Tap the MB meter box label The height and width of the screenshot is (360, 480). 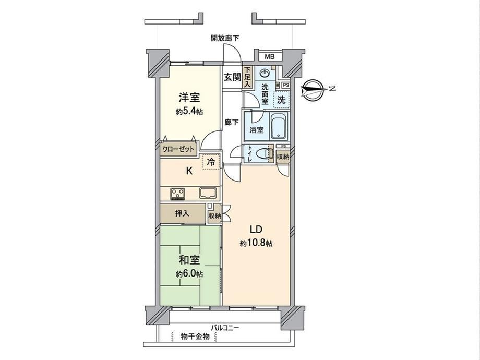pos(270,57)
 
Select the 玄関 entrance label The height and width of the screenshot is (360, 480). pos(232,77)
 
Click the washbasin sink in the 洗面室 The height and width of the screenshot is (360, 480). pos(265,74)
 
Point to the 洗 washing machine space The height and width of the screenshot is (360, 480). pos(281,100)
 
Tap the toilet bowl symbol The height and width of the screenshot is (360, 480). pos(264,153)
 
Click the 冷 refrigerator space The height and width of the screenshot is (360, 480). pos(211,161)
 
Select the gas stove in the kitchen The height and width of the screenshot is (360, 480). pos(177,194)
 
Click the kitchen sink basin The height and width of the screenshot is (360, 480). pos(208,193)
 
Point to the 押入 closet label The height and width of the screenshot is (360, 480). pos(182,213)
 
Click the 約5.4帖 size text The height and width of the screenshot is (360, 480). pos(189,112)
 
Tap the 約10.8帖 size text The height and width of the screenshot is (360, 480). pos(256,243)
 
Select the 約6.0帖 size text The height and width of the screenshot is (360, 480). pos(189,274)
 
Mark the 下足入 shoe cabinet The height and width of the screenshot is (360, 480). pos(247,77)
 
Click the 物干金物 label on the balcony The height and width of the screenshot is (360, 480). pos(195,337)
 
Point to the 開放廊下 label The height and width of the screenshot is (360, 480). pos(225,38)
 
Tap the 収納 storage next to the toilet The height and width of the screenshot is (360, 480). pos(283,157)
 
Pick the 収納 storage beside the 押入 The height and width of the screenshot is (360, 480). pos(214,215)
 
